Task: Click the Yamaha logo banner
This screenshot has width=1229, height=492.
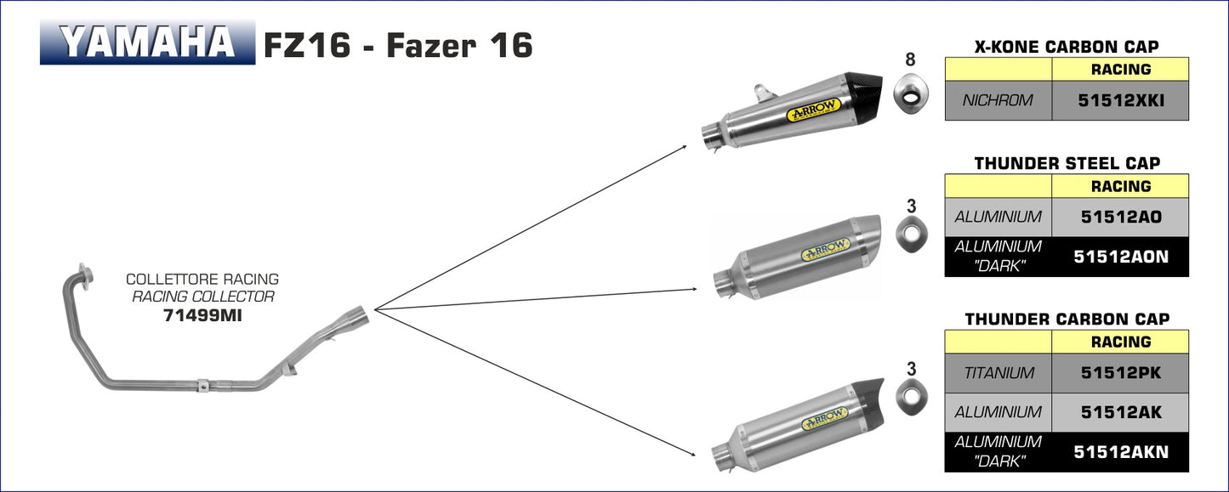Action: [147, 42]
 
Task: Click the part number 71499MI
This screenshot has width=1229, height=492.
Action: [202, 315]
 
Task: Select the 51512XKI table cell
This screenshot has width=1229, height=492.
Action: [1120, 100]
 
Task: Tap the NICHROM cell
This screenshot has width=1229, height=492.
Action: [998, 100]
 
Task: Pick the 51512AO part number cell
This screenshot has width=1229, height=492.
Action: [1120, 217]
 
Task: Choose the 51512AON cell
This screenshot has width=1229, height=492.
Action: [1120, 257]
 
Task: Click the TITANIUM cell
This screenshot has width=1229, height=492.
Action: [998, 373]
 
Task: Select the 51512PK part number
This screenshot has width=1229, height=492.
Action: [1121, 373]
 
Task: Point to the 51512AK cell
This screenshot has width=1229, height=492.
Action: [1120, 413]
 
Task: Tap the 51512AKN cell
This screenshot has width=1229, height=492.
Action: [1120, 452]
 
